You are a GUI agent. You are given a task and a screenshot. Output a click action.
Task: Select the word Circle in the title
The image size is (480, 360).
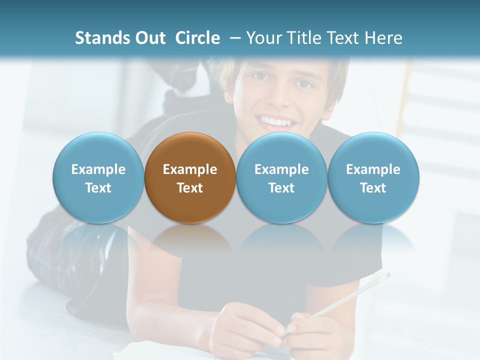pyautogui.click(x=197, y=38)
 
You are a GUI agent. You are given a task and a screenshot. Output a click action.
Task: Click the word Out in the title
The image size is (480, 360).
pyautogui.click(x=149, y=38)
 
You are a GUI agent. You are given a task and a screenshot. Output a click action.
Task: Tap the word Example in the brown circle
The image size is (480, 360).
pyautogui.click(x=190, y=169)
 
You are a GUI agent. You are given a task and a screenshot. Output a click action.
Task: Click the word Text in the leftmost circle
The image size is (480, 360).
pyautogui.click(x=98, y=188)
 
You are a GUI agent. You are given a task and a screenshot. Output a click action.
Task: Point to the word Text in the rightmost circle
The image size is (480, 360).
pyautogui.click(x=373, y=188)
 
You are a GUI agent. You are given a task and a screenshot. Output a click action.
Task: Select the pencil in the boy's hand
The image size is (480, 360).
pyautogui.click(x=350, y=295)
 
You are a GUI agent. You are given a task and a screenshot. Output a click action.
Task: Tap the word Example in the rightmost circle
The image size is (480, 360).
pyautogui.click(x=373, y=169)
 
